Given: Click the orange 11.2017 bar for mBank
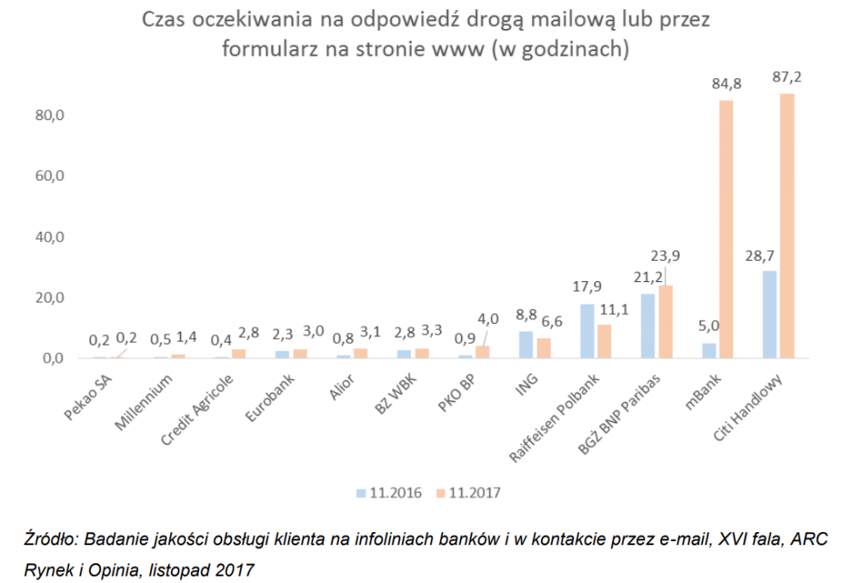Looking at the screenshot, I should [x=726, y=229].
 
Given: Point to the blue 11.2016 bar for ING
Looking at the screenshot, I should [x=526, y=345].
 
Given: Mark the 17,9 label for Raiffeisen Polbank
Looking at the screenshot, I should [x=587, y=287].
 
